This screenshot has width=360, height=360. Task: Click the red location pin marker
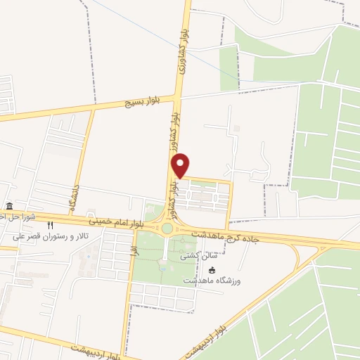[x=181, y=165]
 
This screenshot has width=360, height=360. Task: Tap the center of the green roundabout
[x=167, y=228]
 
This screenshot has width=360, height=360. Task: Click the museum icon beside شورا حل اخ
[x=9, y=206]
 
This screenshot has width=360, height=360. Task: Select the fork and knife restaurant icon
[x=50, y=226]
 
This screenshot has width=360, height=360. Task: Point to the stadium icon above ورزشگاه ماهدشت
[x=212, y=270]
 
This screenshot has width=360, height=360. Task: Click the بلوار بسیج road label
[x=145, y=103]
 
